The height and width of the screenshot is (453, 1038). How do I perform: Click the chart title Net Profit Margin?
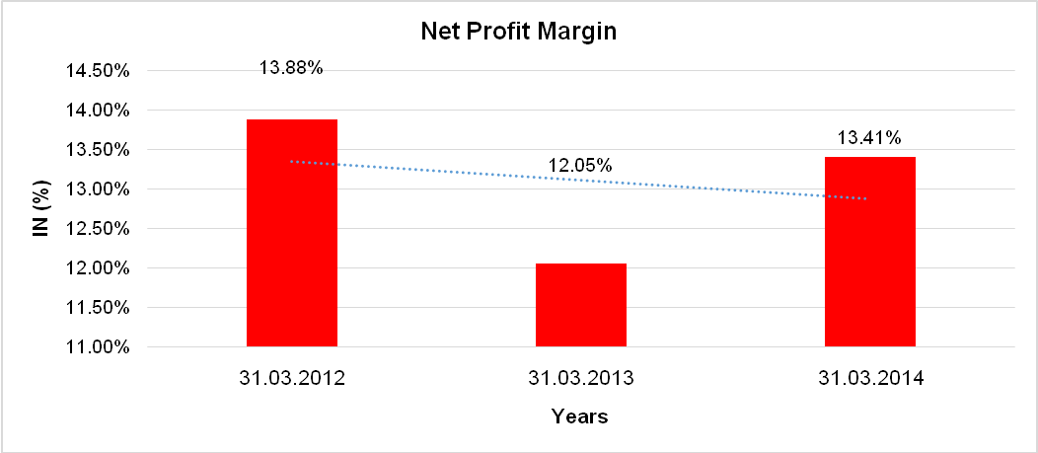click(x=518, y=32)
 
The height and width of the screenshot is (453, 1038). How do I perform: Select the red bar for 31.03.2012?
click(x=292, y=233)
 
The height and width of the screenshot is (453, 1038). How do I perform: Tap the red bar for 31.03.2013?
click(x=581, y=305)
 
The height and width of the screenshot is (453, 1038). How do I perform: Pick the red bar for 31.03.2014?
click(x=870, y=252)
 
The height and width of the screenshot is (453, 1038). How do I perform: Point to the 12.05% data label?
click(x=580, y=165)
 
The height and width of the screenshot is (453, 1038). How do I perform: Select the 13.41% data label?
click(x=869, y=137)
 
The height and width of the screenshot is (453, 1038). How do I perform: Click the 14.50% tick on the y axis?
click(x=98, y=71)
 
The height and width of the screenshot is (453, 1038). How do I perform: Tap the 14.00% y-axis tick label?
click(x=98, y=111)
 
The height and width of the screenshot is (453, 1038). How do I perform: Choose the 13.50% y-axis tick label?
click(x=98, y=150)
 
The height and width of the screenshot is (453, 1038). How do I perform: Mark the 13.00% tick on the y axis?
click(x=98, y=189)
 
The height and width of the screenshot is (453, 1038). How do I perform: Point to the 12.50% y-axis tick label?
click(x=98, y=229)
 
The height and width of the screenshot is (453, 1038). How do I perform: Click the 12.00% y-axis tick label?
click(x=98, y=268)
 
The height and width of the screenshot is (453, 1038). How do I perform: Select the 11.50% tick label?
click(x=98, y=308)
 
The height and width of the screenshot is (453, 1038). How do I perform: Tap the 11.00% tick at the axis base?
click(x=98, y=347)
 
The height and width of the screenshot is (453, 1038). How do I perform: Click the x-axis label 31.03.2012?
click(x=291, y=379)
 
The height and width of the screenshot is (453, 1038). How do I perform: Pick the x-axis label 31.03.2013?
click(x=580, y=379)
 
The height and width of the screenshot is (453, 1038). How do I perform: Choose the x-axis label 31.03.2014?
click(x=869, y=379)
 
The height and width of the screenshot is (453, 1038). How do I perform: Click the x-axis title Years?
click(x=580, y=416)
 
